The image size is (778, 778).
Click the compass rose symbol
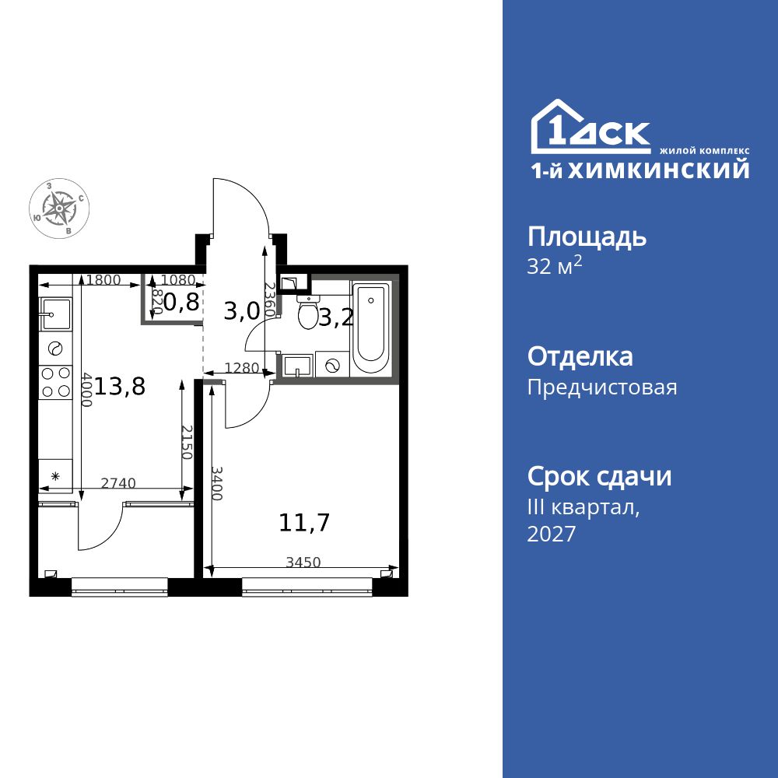point(59,208)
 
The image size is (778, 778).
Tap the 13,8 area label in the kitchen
point(120,386)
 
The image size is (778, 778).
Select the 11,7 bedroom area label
point(304,523)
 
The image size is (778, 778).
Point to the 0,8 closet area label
point(181,302)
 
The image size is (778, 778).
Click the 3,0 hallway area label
point(242,312)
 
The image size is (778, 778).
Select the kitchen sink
point(54,314)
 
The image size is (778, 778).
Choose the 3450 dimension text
point(303,562)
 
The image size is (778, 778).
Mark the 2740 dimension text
point(118,483)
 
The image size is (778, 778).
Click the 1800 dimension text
point(103,280)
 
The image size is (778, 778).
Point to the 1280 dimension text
point(242,368)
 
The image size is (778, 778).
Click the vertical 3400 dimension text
point(217,483)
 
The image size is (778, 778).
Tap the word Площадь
point(587,237)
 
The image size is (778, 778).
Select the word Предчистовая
point(602,387)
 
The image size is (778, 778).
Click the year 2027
point(552,534)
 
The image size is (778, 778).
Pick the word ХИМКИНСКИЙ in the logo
point(658,170)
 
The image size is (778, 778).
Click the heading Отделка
point(580,356)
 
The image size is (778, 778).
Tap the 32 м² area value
point(554,266)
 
